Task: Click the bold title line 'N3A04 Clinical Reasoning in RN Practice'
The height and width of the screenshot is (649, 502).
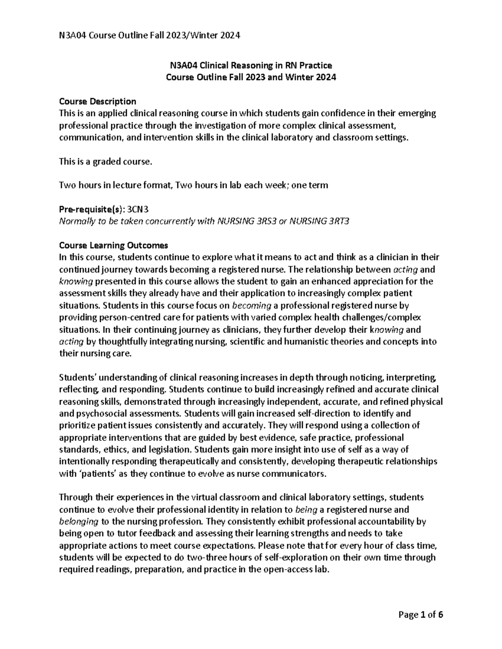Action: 251,65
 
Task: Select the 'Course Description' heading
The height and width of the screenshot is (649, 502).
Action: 97,102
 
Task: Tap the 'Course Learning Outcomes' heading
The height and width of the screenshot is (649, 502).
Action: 113,245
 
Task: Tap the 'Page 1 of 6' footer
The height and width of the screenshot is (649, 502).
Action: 421,615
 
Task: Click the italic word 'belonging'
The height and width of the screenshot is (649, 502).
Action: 79,522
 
